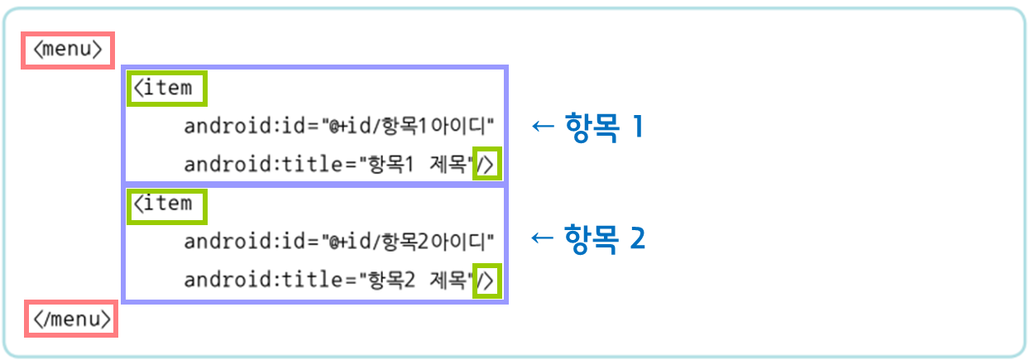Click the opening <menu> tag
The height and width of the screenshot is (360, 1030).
(68, 50)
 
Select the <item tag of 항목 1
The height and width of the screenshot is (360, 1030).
(165, 88)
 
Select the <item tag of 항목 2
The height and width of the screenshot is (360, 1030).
(165, 204)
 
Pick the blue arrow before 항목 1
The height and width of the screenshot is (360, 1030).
(541, 127)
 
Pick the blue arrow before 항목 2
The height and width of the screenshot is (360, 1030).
(541, 238)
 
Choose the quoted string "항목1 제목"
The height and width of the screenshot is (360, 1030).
(414, 165)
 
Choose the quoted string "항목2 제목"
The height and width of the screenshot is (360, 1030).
(414, 281)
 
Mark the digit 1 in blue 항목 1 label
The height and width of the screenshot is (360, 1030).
(636, 127)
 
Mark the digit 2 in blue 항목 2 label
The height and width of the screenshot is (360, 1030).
(636, 239)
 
